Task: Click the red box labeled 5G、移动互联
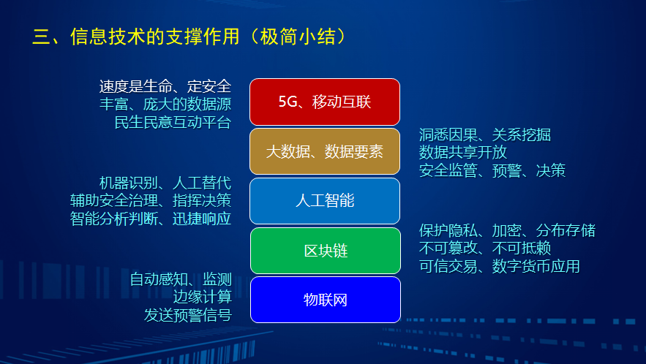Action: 325,102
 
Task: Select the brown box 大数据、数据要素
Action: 325,151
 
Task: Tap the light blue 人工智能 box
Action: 325,200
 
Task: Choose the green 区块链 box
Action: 325,251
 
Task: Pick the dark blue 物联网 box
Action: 325,299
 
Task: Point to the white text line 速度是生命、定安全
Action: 165,86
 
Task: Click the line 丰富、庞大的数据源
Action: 165,104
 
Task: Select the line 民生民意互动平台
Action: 173,122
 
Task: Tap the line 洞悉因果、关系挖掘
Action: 485,134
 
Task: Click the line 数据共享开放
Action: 463,152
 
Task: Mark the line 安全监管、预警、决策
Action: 492,170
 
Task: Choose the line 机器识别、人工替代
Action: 165,183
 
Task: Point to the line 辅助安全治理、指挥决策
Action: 151,200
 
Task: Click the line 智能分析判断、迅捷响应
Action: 151,219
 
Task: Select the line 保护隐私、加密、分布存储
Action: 507,230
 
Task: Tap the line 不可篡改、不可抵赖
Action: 485,248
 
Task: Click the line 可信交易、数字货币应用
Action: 500,266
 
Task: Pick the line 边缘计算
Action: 203,297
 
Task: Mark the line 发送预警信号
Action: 188,315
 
